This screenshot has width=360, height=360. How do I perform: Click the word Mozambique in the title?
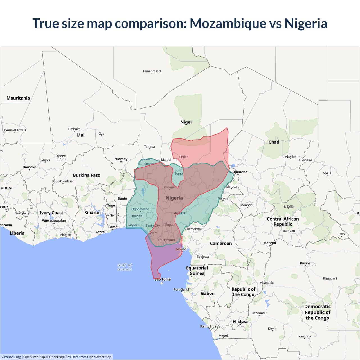[x=228, y=23]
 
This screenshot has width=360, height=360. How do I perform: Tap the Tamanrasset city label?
[x=152, y=71]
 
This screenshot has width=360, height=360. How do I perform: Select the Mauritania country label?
[x=18, y=98]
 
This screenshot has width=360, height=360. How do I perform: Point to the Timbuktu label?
[x=75, y=129]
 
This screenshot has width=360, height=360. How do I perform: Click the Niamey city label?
[x=121, y=159]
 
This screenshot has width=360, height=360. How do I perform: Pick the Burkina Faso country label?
[x=87, y=175]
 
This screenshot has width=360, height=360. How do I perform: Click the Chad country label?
[x=274, y=142]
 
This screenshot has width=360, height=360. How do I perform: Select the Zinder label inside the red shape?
[x=183, y=157]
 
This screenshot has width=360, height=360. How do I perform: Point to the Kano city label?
[x=179, y=174]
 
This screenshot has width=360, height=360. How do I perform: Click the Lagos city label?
[x=132, y=224]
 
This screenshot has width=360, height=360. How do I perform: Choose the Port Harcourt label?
[x=165, y=240]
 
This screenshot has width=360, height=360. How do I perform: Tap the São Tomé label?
[x=163, y=279]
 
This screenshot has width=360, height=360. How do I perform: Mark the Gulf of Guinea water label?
[x=125, y=267]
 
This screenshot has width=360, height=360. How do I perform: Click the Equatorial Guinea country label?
[x=197, y=271]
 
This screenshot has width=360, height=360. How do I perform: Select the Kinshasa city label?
[x=240, y=321]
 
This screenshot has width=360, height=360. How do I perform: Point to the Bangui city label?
[x=270, y=243]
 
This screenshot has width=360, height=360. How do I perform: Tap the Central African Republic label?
[x=283, y=221]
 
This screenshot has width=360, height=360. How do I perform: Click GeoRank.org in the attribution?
[x=11, y=357]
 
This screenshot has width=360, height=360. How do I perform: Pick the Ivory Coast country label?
[x=51, y=213]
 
